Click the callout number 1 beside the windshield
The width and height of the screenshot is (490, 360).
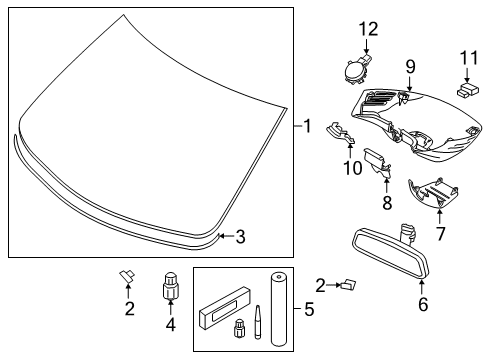pos(308,126)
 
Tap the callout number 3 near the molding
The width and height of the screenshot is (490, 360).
pos(239,237)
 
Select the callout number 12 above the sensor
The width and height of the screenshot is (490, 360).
pos(365,29)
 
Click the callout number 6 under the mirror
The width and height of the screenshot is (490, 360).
pos(422,305)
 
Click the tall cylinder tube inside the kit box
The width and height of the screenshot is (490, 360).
pos(274,304)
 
